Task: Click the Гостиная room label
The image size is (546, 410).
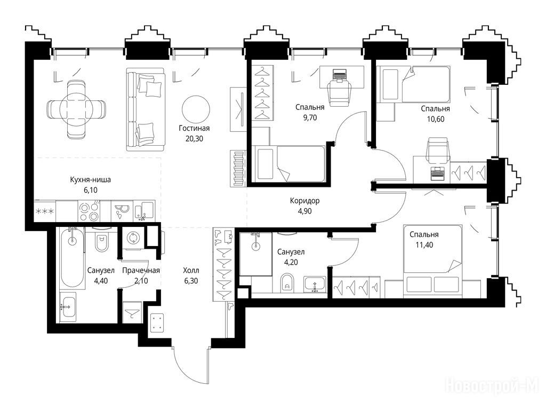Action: click(x=194, y=128)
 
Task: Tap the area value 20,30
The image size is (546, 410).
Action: click(x=194, y=139)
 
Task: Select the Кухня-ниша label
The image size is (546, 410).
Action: click(x=90, y=180)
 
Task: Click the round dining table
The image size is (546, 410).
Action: click(x=76, y=105)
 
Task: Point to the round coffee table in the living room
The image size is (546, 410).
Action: click(x=196, y=109)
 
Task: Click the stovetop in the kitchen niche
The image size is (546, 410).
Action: click(x=89, y=211)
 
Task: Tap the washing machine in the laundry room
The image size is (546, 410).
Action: click(x=133, y=238)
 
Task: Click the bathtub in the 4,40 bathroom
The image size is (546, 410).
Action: click(x=72, y=258)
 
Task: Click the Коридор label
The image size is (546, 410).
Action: click(x=304, y=201)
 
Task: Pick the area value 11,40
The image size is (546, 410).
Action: click(x=424, y=245)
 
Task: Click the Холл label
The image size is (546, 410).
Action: click(x=191, y=271)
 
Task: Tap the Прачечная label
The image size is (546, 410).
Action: click(x=141, y=271)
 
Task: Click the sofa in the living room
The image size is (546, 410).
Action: click(x=146, y=109)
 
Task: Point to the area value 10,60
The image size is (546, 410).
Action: click(x=435, y=119)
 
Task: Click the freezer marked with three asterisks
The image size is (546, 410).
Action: click(x=45, y=211)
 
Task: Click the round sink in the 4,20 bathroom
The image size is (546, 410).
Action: click(x=256, y=246)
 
